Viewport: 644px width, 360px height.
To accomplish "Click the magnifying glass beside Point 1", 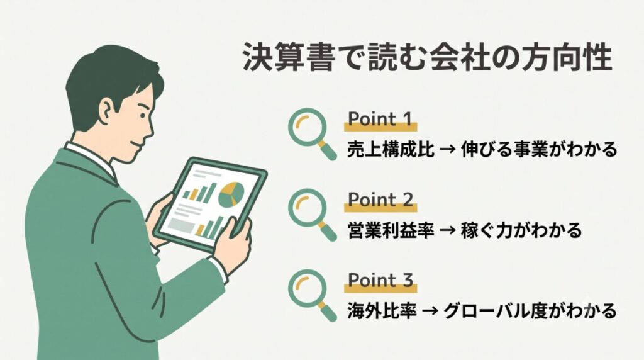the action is (x=311, y=132).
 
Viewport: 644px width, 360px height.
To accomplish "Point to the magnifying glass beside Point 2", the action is (x=311, y=213).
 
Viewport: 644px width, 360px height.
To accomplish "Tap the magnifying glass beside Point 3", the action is (x=311, y=294).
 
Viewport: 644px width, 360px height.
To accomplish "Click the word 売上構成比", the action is (x=391, y=149).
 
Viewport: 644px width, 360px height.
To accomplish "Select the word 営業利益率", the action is (x=391, y=230).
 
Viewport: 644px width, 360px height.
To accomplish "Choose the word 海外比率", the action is (x=382, y=311).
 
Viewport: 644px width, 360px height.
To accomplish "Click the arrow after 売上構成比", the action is (x=448, y=150).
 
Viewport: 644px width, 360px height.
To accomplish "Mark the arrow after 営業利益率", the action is (x=448, y=230).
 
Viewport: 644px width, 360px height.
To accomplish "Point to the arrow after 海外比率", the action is (x=430, y=311).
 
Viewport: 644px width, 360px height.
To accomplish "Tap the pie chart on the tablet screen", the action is (x=231, y=194).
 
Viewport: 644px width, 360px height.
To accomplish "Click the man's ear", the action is (x=105, y=111).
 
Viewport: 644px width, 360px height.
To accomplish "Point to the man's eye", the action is (x=142, y=115).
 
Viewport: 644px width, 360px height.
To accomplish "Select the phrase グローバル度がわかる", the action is (x=530, y=311).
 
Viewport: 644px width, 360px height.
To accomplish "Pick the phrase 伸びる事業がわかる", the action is (x=539, y=149).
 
